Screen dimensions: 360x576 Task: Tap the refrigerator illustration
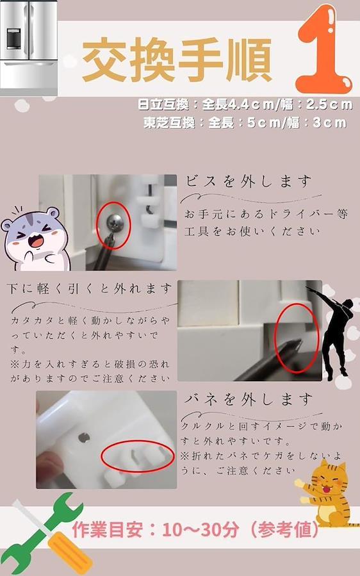(29, 48)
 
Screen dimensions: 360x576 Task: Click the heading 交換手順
(177, 59)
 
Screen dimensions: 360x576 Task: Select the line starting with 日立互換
(245, 104)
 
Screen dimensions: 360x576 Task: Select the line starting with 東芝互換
(245, 122)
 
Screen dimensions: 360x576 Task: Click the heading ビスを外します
(249, 181)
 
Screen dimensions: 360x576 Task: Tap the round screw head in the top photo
(115, 222)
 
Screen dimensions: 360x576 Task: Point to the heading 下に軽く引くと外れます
(89, 289)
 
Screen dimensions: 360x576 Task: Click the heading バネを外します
(249, 399)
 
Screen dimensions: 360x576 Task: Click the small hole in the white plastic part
(84, 438)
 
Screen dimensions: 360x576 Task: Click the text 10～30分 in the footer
(200, 530)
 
